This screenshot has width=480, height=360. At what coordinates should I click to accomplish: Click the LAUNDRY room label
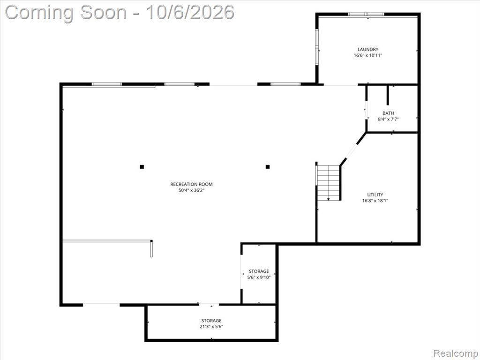(368, 49)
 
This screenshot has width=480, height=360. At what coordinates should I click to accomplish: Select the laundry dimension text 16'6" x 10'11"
(368, 55)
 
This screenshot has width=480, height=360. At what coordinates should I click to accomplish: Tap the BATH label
(388, 113)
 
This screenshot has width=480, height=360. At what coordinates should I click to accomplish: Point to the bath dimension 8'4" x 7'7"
(388, 120)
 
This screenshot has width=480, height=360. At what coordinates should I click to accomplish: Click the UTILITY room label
(375, 195)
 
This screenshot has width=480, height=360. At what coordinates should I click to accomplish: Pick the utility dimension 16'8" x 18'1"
(375, 201)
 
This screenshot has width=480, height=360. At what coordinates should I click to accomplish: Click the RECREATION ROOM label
(191, 184)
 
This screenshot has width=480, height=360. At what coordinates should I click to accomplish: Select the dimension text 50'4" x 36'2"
(191, 190)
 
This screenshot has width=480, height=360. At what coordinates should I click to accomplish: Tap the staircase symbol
(328, 183)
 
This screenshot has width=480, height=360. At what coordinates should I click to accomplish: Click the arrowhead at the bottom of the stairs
(329, 199)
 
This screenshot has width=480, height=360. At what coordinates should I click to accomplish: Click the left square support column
(142, 167)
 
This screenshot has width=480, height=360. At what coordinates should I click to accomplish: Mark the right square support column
(268, 167)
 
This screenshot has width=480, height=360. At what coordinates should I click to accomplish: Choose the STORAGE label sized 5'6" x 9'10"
(259, 271)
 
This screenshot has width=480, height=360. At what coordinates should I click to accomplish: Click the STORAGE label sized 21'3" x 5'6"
(211, 321)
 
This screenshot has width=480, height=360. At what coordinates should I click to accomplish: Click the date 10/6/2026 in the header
(190, 13)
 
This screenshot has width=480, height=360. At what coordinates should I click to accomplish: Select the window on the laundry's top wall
(366, 14)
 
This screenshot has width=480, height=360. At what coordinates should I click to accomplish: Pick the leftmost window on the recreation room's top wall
(107, 84)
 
